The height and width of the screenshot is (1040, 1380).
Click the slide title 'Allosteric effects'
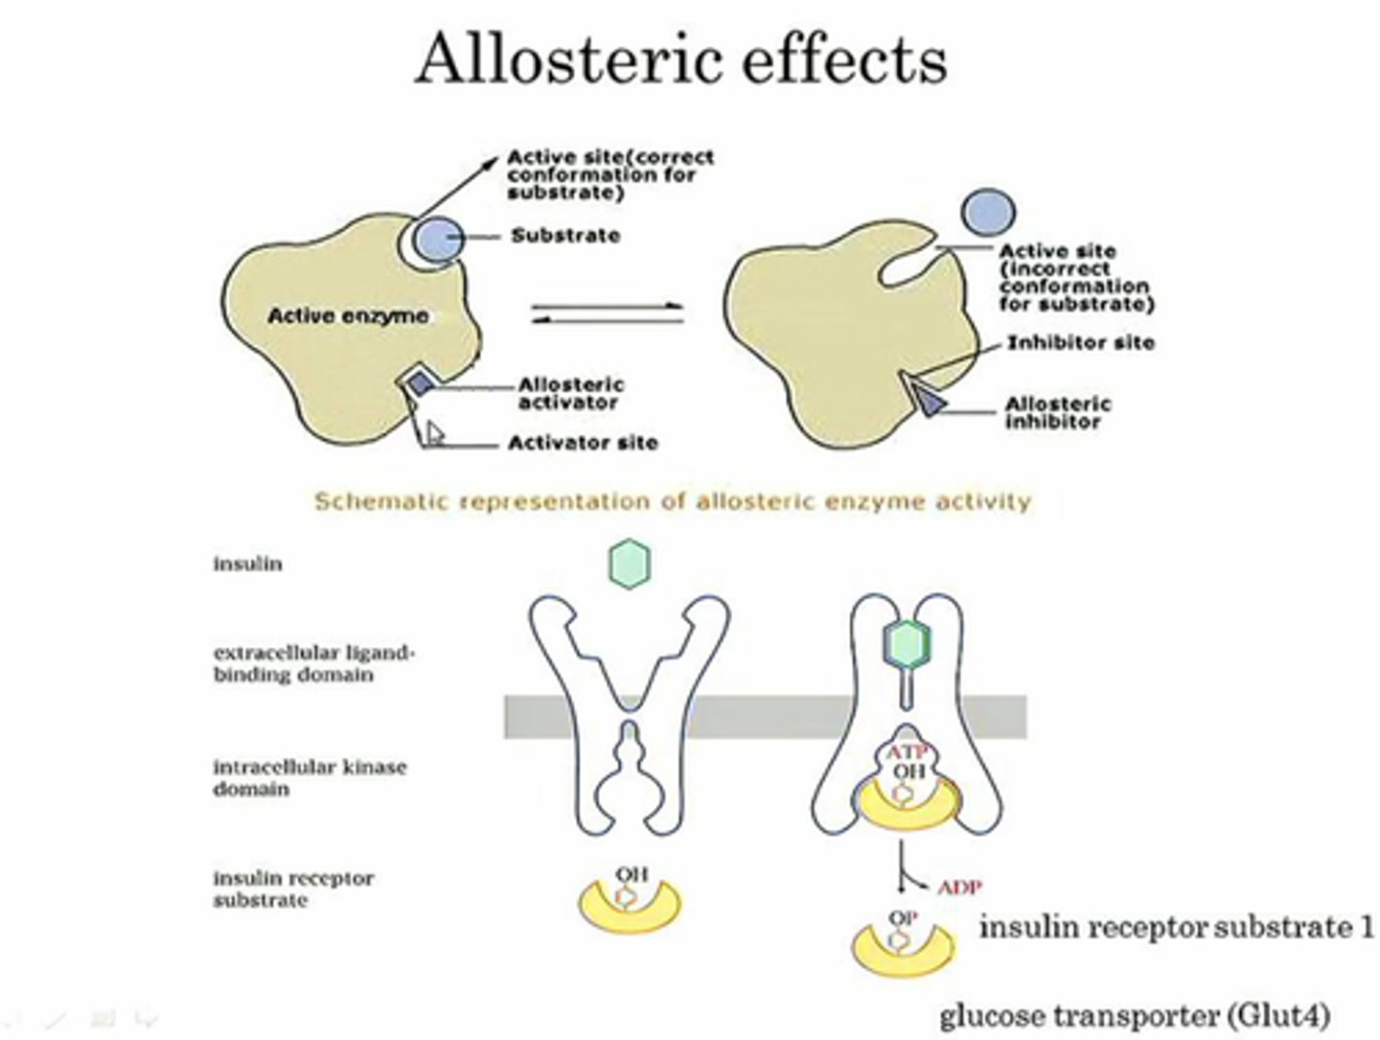click(681, 59)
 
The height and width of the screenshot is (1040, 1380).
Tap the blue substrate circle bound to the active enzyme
click(440, 239)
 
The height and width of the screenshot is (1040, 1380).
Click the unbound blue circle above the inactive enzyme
click(987, 212)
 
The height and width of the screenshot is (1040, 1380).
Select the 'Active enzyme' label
click(348, 316)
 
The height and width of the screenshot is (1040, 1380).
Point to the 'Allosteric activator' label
click(571, 393)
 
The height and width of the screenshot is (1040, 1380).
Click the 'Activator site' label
click(583, 443)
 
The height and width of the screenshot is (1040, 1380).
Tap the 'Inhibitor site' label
click(1080, 342)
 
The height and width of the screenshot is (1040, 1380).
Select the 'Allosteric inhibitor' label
click(1058, 412)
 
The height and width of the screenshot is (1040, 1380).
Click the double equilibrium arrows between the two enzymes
click(608, 312)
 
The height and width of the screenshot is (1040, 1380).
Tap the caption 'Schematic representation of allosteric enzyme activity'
click(673, 501)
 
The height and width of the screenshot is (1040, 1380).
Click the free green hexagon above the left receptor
click(630, 563)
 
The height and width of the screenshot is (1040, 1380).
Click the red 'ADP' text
click(959, 887)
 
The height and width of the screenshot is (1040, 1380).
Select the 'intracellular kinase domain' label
click(309, 777)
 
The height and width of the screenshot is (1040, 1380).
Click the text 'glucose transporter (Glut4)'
click(1135, 1015)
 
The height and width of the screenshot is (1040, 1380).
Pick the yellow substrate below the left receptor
click(630, 909)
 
